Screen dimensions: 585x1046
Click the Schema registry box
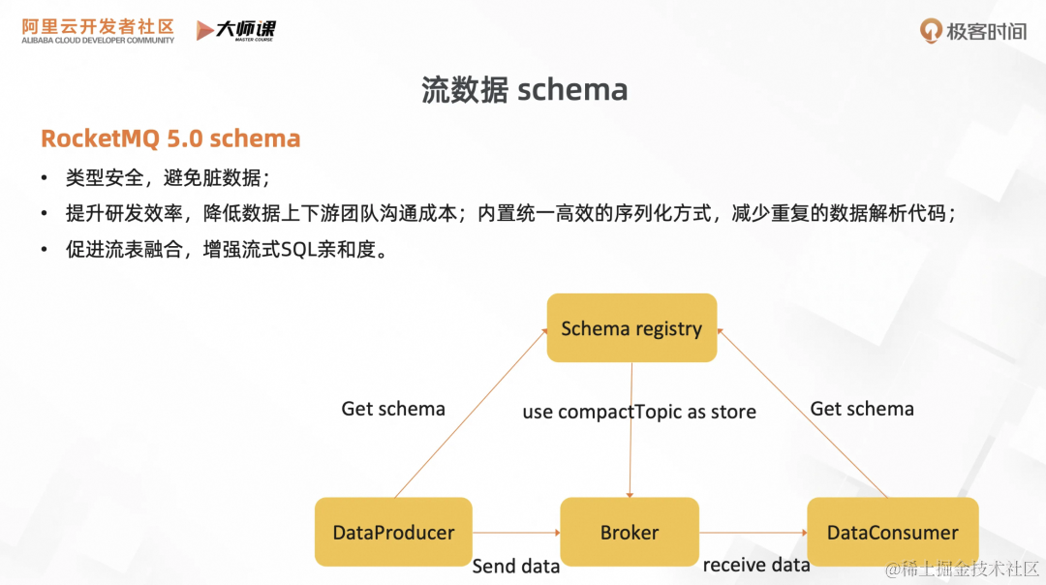(631, 328)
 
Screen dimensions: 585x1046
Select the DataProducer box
(393, 532)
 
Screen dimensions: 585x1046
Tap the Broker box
(630, 532)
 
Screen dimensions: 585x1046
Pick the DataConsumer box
(892, 532)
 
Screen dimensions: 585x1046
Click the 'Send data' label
(515, 567)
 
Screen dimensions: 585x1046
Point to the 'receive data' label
(755, 565)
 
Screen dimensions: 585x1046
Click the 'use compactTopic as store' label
(639, 412)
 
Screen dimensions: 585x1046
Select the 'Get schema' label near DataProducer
(393, 409)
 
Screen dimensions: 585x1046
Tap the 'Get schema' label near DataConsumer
(862, 409)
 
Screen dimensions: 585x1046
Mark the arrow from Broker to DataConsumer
(753, 532)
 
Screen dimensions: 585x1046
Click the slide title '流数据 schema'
(524, 90)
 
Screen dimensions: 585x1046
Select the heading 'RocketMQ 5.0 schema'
(170, 139)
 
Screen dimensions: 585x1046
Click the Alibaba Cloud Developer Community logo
(98, 30)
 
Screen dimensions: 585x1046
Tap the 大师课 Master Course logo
(235, 30)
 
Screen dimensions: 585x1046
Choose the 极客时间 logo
(972, 31)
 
